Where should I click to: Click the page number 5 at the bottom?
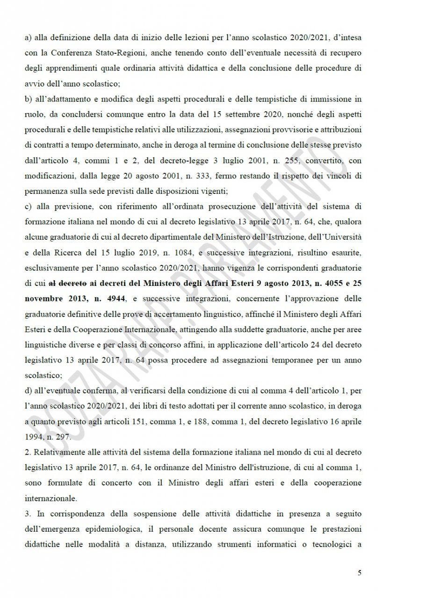360,573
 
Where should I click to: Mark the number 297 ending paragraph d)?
64,436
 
